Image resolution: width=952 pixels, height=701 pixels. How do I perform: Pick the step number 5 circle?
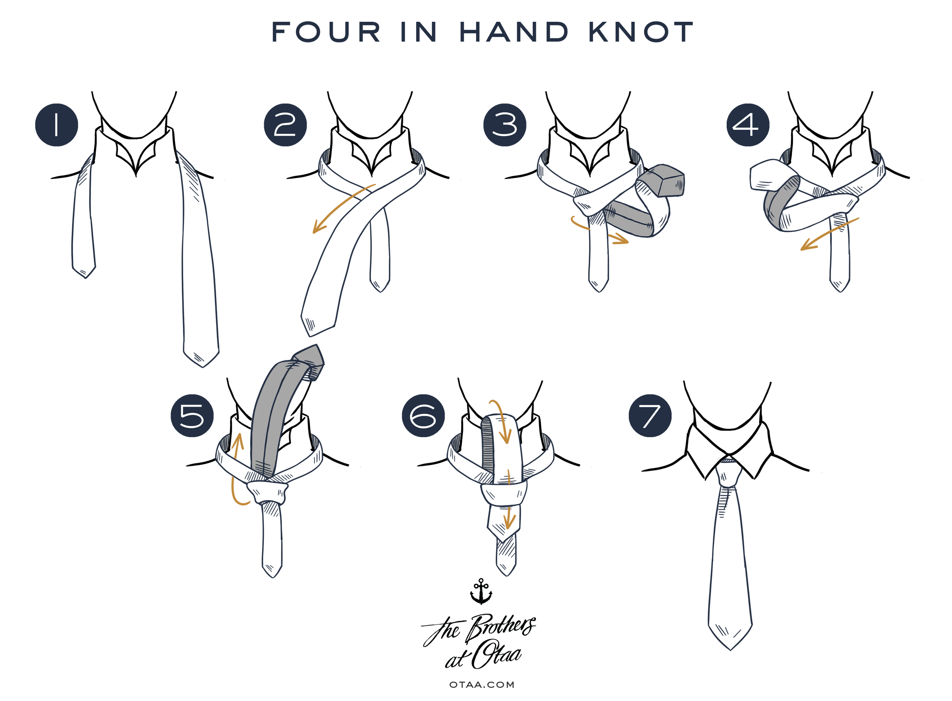click(192, 415)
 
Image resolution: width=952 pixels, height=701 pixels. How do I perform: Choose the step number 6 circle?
click(423, 415)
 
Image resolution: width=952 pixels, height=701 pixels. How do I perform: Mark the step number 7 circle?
click(650, 415)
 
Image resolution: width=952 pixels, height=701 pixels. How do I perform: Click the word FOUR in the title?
click(326, 32)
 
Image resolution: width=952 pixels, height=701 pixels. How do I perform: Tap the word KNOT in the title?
click(641, 32)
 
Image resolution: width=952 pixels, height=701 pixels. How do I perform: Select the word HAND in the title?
click(514, 32)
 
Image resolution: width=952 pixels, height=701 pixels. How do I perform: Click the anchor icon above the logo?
click(481, 591)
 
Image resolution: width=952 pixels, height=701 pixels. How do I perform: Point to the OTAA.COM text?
click(482, 684)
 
